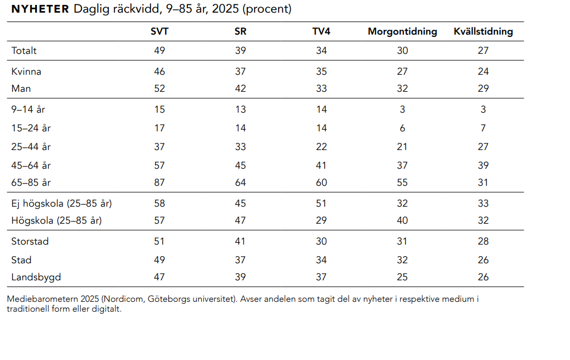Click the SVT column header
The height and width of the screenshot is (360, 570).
pos(159,31)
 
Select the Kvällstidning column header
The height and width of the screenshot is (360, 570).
pos(483,32)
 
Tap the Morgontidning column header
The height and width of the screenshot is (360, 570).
pos(402,32)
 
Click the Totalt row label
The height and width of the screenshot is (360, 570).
pos(24,51)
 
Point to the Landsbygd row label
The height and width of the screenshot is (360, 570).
pos(36,277)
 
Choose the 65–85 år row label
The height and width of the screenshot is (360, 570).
pos(31,182)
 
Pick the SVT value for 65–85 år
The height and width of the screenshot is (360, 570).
pos(159,182)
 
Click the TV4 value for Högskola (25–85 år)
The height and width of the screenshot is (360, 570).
pos(322,220)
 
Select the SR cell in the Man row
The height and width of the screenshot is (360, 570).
pos(240,88)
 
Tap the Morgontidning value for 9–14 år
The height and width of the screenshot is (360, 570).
pos(402,109)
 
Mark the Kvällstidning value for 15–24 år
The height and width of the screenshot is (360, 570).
pos(483,128)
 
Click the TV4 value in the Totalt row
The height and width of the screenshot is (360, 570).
pos(322,51)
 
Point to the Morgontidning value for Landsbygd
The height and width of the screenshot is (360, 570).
pos(402,277)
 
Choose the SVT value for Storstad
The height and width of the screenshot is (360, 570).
pos(159,241)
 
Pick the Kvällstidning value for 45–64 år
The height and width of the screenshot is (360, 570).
pos(483,165)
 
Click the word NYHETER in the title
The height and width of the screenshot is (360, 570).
pos(40,9)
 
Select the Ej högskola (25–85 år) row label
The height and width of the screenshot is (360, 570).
pos(62,204)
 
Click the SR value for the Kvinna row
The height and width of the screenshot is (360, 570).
pos(240,71)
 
